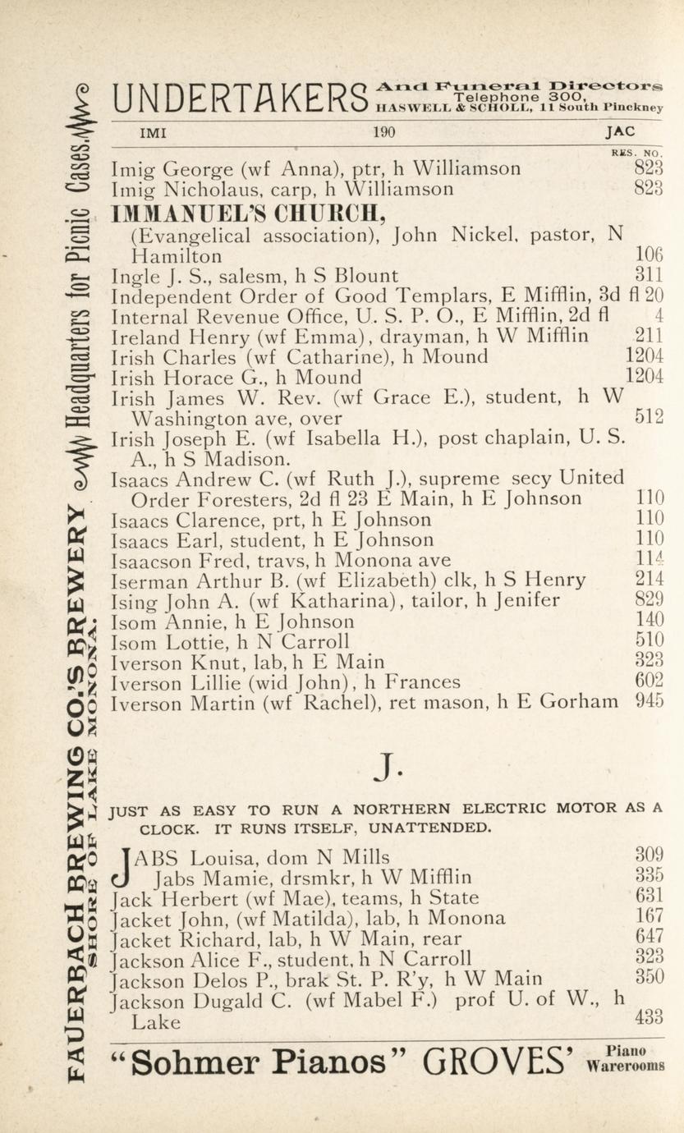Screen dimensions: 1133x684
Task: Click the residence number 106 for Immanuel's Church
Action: [649, 255]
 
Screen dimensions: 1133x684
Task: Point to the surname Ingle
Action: [135, 276]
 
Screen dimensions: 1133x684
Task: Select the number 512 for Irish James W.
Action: [649, 416]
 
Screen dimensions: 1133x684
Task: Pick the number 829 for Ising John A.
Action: [649, 600]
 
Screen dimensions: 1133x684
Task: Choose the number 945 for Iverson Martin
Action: [649, 701]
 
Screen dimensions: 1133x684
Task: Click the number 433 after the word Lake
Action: [649, 1017]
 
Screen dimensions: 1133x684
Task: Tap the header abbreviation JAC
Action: [620, 132]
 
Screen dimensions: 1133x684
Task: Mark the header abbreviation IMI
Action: [154, 132]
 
